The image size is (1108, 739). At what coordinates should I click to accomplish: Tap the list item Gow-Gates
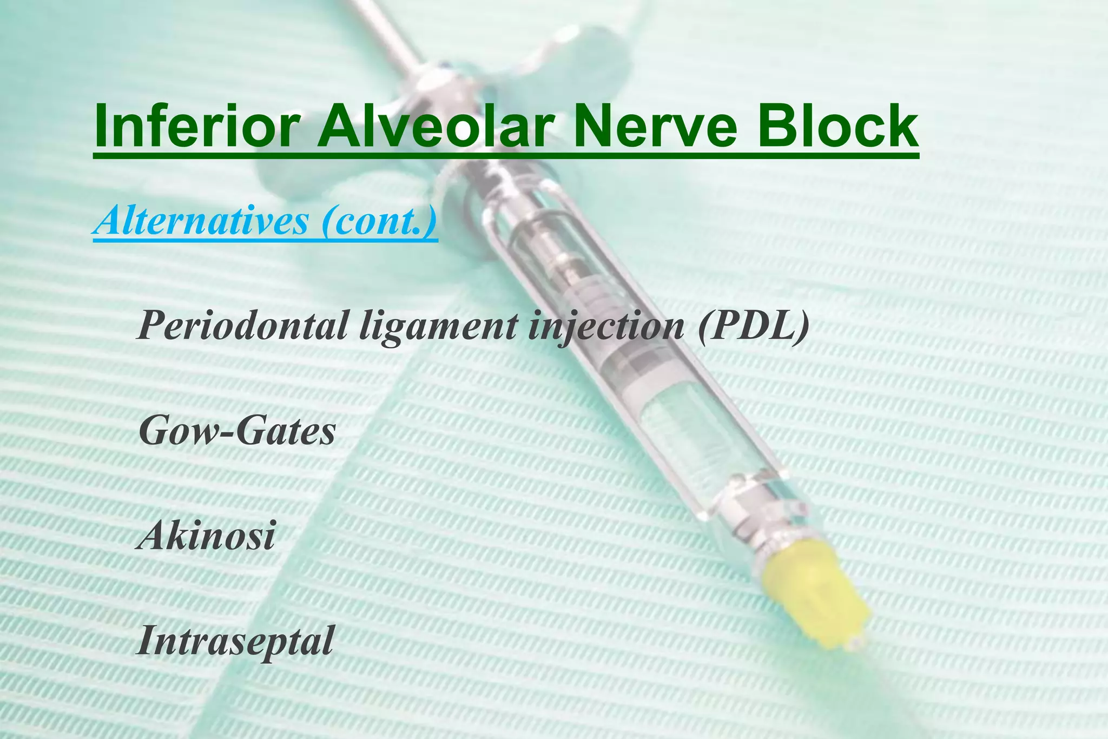(237, 431)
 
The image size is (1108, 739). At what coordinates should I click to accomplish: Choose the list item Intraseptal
(235, 641)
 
